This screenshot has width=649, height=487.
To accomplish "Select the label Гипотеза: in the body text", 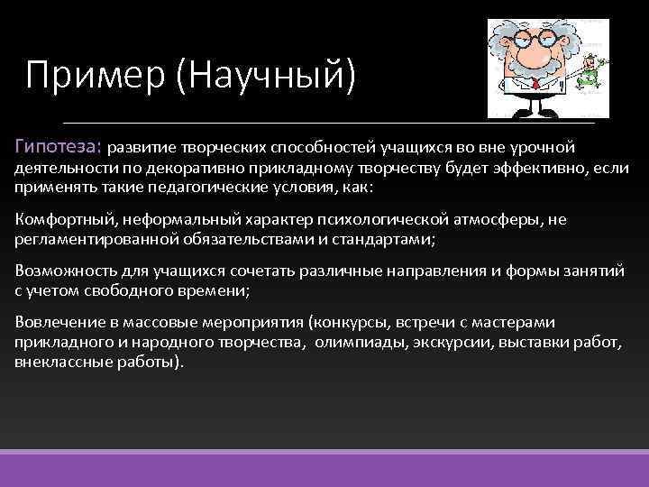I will tap(59, 146).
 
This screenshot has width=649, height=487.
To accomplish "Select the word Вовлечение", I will tap(57, 322).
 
